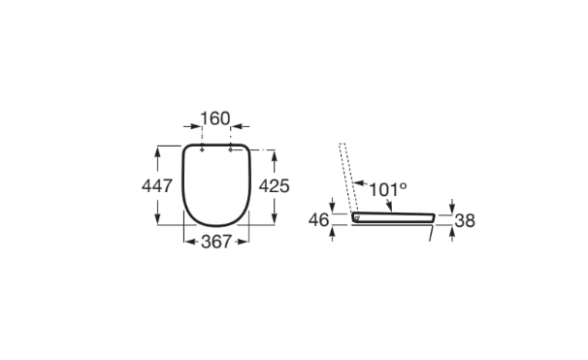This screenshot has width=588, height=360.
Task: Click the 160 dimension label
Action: click(x=215, y=119)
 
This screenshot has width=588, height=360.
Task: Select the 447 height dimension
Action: click(x=157, y=184)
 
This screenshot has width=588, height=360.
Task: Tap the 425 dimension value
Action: click(x=275, y=184)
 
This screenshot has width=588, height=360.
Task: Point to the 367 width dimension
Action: click(x=215, y=242)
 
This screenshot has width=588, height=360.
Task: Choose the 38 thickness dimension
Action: click(x=465, y=221)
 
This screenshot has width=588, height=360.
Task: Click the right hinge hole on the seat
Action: click(x=231, y=150)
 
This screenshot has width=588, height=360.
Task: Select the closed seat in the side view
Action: click(x=393, y=217)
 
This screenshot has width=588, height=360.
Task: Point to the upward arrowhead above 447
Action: click(x=157, y=148)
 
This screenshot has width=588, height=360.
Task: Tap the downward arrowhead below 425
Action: click(x=275, y=220)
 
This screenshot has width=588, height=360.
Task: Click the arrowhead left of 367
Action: click(x=187, y=242)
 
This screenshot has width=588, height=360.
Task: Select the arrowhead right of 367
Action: click(x=245, y=242)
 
